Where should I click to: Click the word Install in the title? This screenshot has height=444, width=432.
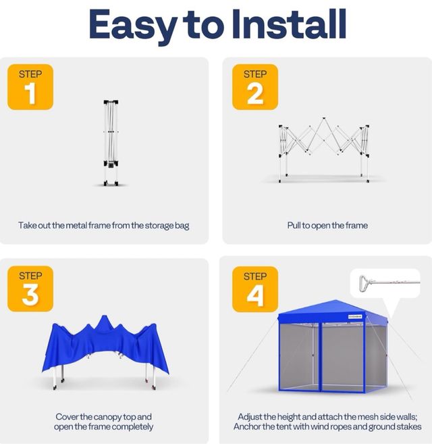click(288, 24)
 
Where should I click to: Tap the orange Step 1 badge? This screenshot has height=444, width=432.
click(30, 87)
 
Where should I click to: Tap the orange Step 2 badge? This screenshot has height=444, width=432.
click(254, 87)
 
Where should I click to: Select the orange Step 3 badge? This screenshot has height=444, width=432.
click(30, 289)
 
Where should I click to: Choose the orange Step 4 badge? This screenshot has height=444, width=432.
click(254, 289)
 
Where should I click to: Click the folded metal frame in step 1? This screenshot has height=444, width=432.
click(111, 143)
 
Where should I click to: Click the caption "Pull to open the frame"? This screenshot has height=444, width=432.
click(327, 225)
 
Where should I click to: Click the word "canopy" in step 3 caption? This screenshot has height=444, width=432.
click(121, 417)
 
